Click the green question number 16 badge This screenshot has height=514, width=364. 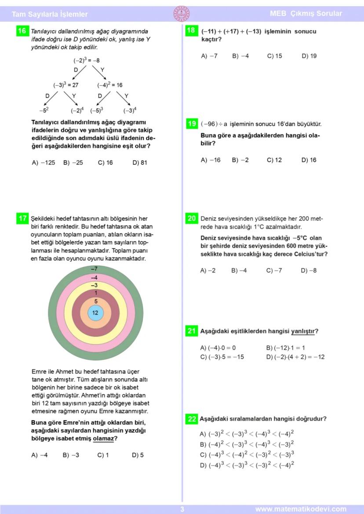point(22,31)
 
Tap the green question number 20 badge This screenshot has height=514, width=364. point(192,218)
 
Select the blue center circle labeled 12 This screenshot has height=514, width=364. point(95,313)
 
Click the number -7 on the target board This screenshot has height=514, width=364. point(94,268)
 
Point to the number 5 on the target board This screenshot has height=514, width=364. point(95,301)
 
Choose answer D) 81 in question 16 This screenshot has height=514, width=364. point(140,163)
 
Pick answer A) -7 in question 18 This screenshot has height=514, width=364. point(209,56)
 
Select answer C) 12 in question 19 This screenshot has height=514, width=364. point(274,160)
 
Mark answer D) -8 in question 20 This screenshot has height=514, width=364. point(309,271)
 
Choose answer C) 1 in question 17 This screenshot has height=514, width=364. point(103,455)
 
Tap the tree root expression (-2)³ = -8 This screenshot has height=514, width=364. point(87,60)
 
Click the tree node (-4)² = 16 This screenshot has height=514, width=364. point(110,85)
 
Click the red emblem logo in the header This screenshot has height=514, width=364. point(182,13)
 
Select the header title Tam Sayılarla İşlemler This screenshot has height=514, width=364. point(50,14)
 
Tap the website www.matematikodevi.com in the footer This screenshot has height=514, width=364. point(301,509)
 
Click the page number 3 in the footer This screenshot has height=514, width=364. point(182,509)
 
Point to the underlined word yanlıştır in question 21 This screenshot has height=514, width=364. point(303,331)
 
